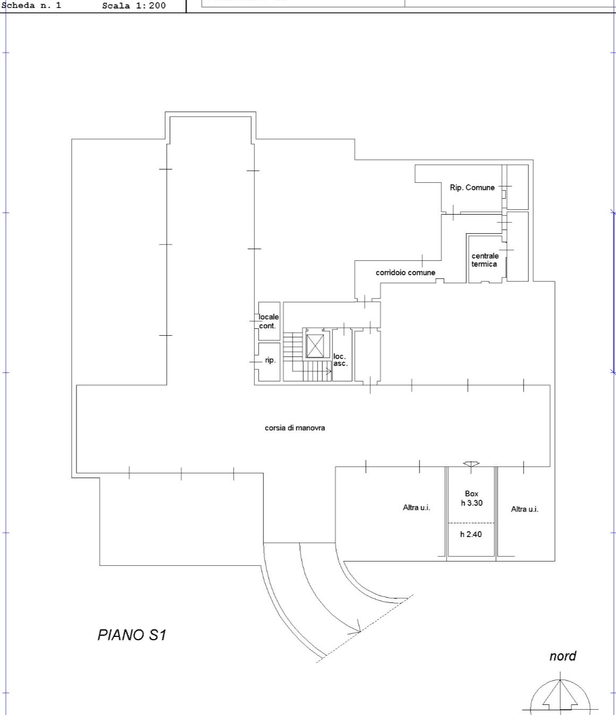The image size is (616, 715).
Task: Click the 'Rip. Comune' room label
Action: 472,188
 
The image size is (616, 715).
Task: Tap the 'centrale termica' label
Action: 484,260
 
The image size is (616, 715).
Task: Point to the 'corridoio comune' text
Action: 405,273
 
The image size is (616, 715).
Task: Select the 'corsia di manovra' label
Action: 295,428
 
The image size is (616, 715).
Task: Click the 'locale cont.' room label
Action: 268,321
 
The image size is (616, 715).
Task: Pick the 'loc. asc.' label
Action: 340,360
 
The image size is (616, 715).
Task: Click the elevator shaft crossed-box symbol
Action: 315,346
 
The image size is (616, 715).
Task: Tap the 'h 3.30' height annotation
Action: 472,503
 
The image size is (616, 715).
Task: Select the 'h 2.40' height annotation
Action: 470,534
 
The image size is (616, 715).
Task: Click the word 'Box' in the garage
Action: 472,493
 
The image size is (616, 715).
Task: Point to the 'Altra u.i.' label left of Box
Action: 416,507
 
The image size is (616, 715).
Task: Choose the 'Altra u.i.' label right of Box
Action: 525,509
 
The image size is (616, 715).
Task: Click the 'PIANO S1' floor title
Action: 132,635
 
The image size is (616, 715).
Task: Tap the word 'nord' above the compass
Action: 563,656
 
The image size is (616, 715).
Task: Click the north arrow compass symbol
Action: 560,694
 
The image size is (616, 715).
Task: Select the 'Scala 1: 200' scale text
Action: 134,5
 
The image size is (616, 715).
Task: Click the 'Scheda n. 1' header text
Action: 31,5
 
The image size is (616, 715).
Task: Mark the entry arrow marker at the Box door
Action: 470,464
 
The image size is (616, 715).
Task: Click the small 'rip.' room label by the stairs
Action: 270,360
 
